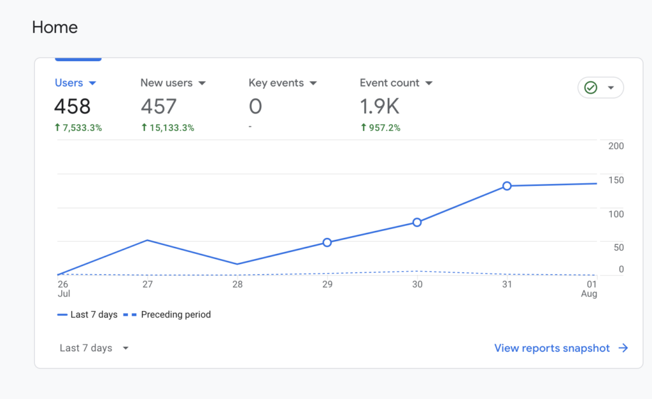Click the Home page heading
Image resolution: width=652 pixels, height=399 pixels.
55,27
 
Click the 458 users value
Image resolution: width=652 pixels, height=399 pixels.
72,106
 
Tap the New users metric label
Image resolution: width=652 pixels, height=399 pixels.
166,83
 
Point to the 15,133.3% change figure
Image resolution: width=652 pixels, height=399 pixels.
167,128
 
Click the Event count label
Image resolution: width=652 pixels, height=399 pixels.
389,83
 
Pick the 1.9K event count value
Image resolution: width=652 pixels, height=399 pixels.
379,106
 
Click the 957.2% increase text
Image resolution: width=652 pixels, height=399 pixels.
380,128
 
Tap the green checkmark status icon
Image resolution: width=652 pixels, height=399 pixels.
591,88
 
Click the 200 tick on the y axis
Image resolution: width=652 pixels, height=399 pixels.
616,146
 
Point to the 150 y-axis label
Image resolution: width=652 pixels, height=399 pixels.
616,180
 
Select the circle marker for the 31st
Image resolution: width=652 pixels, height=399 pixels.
507,186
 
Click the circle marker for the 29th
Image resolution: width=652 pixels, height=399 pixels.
327,242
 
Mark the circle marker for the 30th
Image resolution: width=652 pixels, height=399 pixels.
417,222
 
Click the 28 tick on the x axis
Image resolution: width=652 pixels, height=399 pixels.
237,284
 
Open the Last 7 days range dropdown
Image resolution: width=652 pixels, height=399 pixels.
94,348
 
